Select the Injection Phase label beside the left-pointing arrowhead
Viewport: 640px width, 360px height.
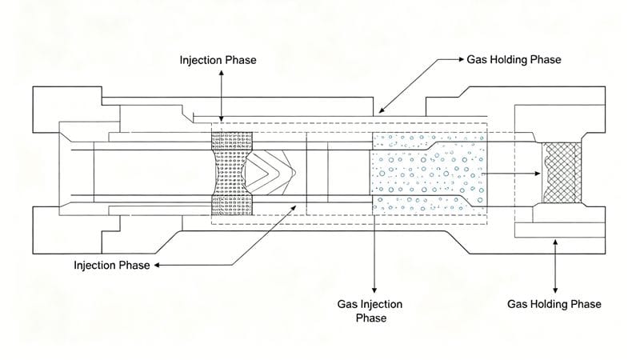[x=111, y=265]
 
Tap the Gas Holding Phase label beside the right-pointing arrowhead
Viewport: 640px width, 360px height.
[x=514, y=60]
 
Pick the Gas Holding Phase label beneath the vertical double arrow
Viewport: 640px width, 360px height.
[x=554, y=304]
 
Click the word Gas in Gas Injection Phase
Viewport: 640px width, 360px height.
[x=348, y=304]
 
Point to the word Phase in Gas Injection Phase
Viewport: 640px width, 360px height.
[x=372, y=318]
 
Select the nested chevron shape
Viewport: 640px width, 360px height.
[x=270, y=171]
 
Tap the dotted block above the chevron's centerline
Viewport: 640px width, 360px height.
[x=231, y=142]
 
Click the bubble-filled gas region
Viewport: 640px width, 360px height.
[x=428, y=172]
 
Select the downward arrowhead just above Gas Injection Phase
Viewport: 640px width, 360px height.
[x=374, y=290]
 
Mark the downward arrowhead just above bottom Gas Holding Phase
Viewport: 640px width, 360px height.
[x=554, y=290]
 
